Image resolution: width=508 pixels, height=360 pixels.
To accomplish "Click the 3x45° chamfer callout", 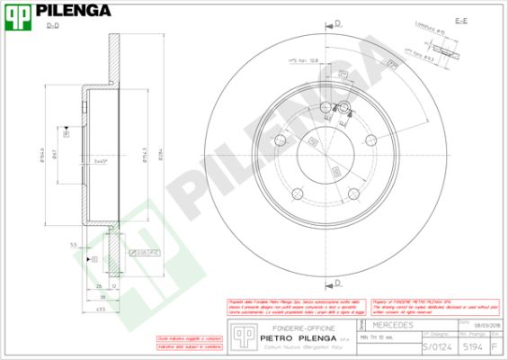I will [x=101, y=161].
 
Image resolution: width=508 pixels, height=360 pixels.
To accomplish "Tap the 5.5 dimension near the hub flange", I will [x=72, y=244].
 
